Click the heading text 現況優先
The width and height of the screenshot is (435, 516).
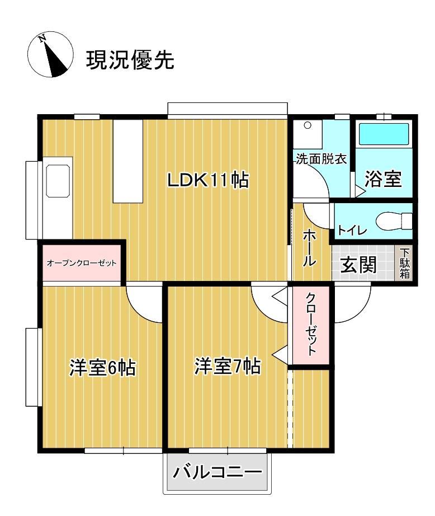coord(130,59)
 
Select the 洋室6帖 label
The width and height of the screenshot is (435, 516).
coord(103,368)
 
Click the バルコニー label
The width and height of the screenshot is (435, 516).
coord(217,472)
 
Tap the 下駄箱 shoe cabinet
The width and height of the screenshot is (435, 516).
coord(404,264)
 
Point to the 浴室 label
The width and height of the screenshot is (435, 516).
coord(383,179)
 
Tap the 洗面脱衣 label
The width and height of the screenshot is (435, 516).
coord(321,159)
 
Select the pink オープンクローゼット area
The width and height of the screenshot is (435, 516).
coord(82,262)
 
